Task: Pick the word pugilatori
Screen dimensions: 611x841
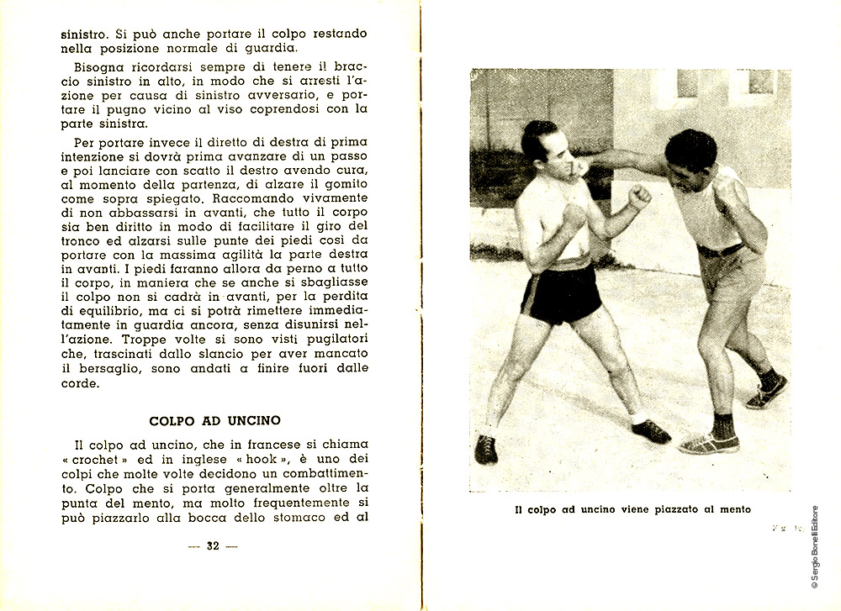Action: [x=337, y=340]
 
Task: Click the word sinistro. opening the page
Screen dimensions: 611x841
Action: [x=87, y=35]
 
